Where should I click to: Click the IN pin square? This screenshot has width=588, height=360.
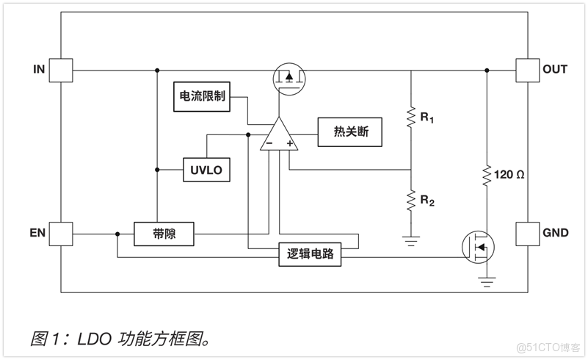(61, 70)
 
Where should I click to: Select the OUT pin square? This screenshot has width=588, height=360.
(527, 70)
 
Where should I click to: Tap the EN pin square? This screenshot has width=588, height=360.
(61, 234)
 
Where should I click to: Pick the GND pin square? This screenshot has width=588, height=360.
(527, 234)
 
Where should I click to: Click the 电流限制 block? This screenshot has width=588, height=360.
(202, 96)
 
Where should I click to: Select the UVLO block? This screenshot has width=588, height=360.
(206, 170)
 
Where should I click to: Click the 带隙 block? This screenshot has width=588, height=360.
(164, 234)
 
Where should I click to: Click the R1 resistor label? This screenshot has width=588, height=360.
(427, 116)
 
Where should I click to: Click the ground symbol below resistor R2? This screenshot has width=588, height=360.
(411, 240)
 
